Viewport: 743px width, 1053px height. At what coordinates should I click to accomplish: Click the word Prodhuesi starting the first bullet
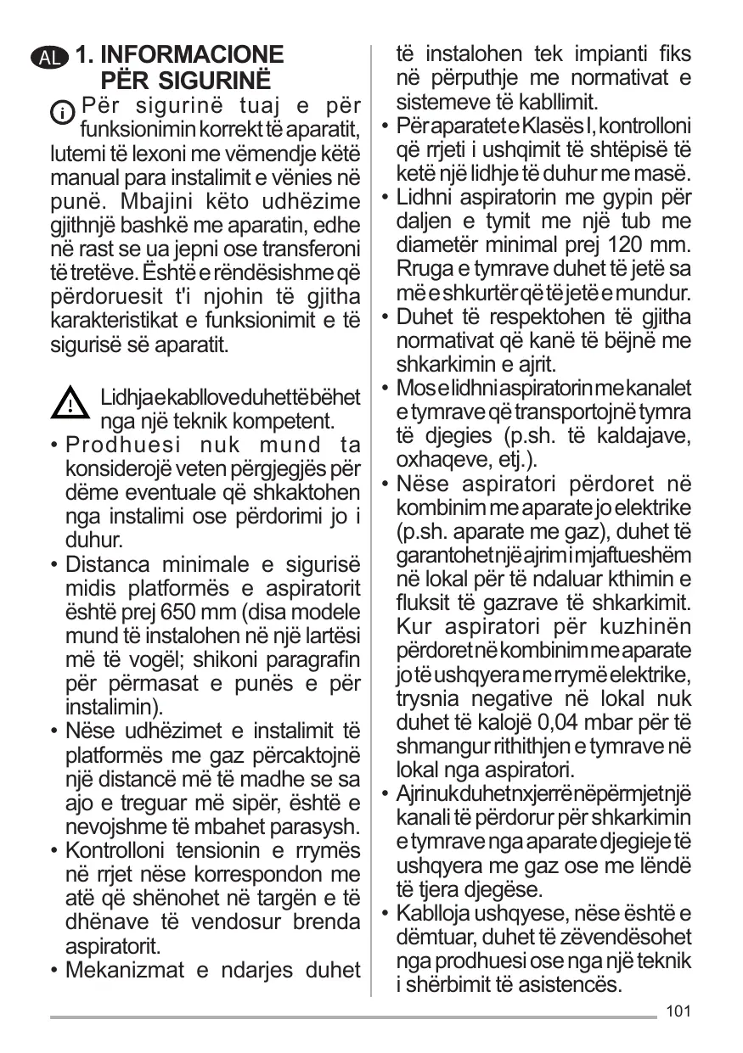tap(118, 445)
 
